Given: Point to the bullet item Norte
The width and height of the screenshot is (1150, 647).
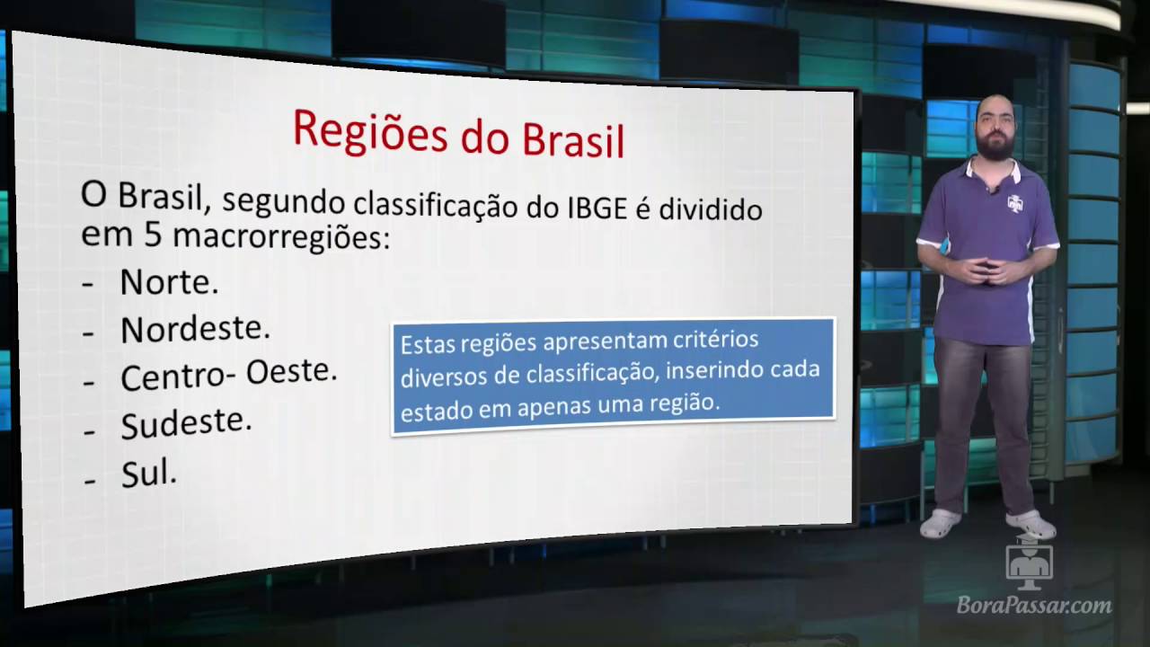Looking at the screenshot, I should tap(169, 282).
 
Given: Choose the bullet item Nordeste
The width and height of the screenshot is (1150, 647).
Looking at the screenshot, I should tap(195, 329).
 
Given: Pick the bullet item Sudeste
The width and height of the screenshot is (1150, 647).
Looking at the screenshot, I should tap(186, 423).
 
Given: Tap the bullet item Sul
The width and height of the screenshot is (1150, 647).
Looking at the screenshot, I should tap(148, 474).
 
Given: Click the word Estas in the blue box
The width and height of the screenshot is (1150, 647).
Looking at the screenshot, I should tap(428, 344).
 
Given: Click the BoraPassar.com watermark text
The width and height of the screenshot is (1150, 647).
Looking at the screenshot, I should tap(1034, 606).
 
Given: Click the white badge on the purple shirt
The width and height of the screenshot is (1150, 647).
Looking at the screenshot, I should tap(1015, 203).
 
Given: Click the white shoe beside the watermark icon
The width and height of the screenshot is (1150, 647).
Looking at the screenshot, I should tap(1030, 523).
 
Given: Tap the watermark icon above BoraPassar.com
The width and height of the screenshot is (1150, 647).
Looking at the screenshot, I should tap(1029, 564).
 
